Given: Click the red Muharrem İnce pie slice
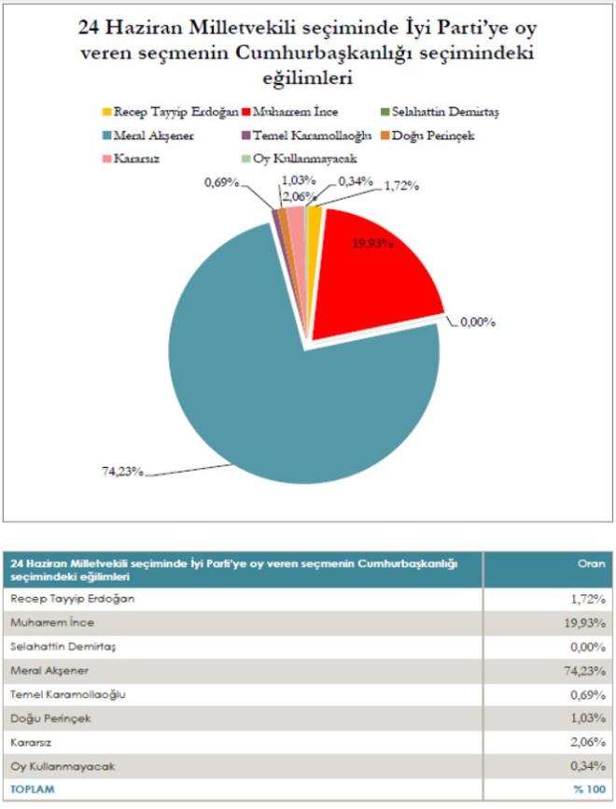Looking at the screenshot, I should click(x=373, y=271).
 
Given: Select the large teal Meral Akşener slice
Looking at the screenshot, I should click(x=280, y=374).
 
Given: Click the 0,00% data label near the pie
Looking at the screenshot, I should click(x=478, y=322).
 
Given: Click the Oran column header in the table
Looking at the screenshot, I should click(x=595, y=562).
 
